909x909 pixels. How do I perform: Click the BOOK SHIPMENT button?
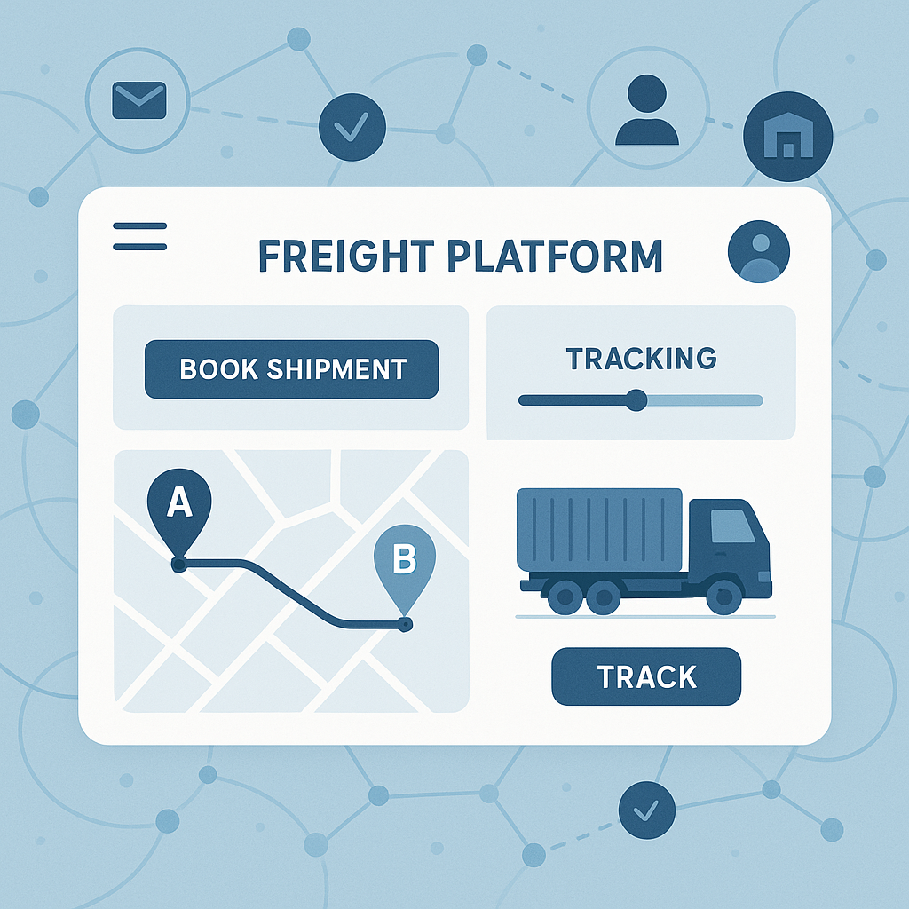(291, 368)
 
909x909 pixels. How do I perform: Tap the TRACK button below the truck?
(646, 676)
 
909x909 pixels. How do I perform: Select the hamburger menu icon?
(140, 235)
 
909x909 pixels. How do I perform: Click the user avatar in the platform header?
(758, 252)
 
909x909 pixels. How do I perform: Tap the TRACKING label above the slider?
(641, 359)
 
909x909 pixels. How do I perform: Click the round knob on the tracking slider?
(636, 400)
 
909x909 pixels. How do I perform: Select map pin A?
(179, 504)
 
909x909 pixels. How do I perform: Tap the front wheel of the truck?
(724, 596)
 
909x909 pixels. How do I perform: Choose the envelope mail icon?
(139, 100)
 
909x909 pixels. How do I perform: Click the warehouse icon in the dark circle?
(788, 137)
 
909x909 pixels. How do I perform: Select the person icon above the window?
(647, 110)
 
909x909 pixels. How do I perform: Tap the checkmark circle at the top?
(352, 128)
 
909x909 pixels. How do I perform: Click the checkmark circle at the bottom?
(647, 810)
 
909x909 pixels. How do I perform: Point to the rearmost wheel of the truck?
(565, 596)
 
